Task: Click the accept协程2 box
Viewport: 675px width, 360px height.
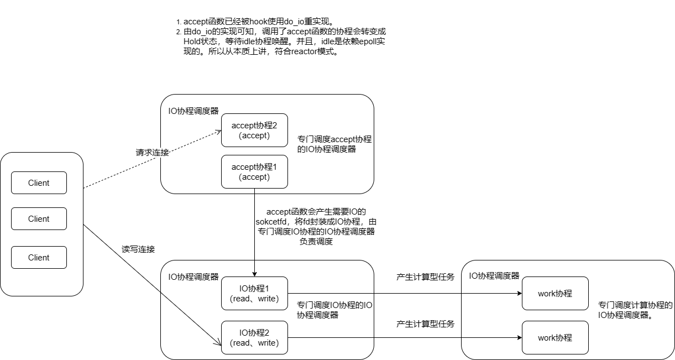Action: pos(254,131)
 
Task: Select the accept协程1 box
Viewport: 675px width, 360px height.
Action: pos(254,171)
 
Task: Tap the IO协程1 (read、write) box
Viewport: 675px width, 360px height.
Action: pos(254,294)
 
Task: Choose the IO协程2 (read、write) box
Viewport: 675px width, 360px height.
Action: pos(254,338)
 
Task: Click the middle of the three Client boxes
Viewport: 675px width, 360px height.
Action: pos(39,219)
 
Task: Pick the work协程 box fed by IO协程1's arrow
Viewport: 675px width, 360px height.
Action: pos(554,294)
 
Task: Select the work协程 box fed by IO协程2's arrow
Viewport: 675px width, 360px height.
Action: pos(554,338)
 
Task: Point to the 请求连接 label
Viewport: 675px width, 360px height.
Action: pos(152,152)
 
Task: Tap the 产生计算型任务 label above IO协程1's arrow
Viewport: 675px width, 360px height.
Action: pos(425,277)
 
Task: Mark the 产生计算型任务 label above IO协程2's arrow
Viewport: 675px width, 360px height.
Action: pos(425,324)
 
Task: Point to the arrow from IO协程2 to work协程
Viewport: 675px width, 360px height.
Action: pos(404,338)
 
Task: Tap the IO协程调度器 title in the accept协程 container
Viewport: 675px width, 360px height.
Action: pos(193,111)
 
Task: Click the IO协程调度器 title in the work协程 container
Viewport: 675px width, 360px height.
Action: pos(494,275)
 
